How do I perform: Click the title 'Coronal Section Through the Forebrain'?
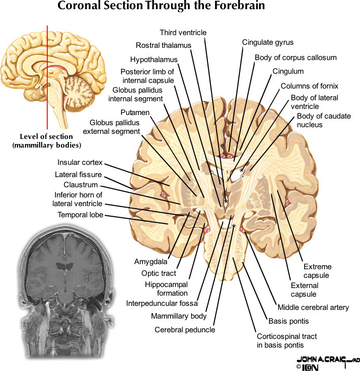coord(161,7)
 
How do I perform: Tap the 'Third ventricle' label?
coord(183,33)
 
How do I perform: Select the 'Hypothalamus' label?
coord(153,59)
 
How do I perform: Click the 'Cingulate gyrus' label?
coord(267,42)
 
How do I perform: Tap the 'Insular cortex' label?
coord(80,163)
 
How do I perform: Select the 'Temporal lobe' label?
coord(80,215)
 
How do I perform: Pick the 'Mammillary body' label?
coord(178,316)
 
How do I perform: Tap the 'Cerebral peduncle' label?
coord(185,330)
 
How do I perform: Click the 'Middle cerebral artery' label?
coord(313,307)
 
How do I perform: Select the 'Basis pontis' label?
coord(288,321)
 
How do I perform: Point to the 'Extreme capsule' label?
coord(317,271)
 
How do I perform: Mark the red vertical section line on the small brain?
coord(48,76)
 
